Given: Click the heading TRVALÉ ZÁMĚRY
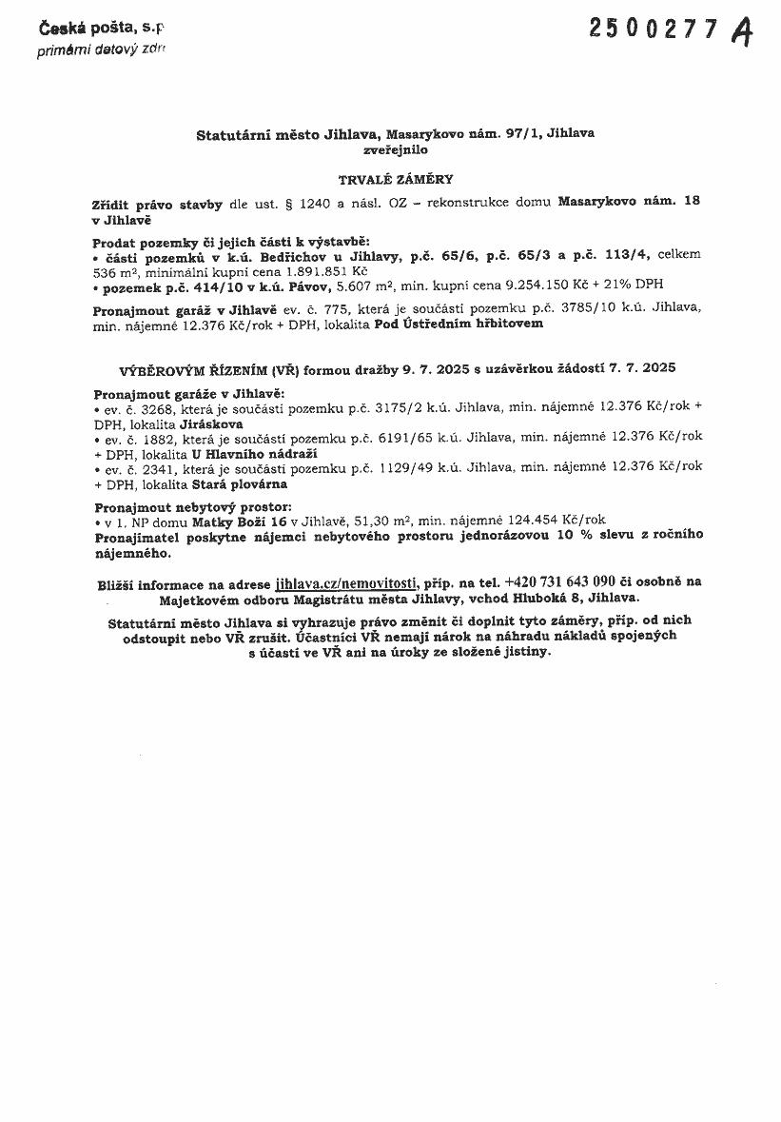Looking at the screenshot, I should click(x=396, y=178).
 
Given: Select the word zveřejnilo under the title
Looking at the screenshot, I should click(x=395, y=149).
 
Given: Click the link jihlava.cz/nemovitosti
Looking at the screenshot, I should click(x=345, y=582).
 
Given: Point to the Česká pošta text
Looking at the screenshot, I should click(x=94, y=31).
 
